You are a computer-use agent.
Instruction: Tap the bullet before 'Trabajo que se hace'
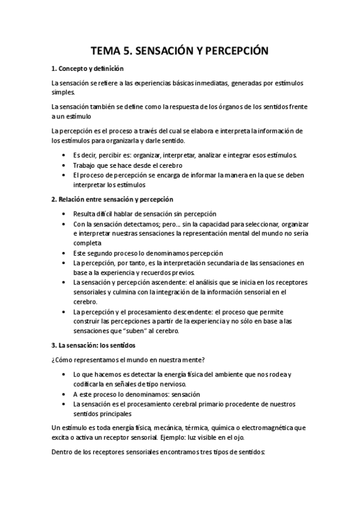tap(64, 165)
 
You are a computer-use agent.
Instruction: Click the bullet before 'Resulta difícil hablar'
tap(64, 214)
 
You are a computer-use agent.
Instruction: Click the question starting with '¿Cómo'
tap(128, 360)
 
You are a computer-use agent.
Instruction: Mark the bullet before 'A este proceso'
tap(64, 394)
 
